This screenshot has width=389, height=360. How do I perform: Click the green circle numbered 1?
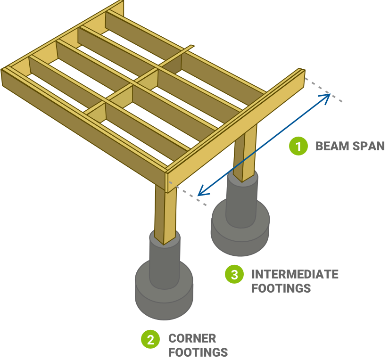[298, 146]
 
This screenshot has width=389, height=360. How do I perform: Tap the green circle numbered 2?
[150, 340]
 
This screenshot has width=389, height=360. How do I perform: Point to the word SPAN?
[369, 146]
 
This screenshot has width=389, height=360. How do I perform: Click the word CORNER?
[192, 338]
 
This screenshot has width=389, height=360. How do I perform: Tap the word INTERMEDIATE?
[295, 274]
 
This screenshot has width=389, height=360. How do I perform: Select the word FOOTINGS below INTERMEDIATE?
[281, 288]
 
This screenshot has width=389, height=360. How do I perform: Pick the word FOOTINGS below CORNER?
[198, 352]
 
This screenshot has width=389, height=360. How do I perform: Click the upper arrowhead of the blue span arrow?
[328, 96]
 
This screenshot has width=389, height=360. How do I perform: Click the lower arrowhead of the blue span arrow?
[200, 193]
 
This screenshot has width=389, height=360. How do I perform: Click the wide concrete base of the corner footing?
[164, 295]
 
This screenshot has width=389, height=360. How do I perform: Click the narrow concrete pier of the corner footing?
[165, 262]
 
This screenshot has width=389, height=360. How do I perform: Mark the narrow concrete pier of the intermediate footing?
[242, 200]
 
